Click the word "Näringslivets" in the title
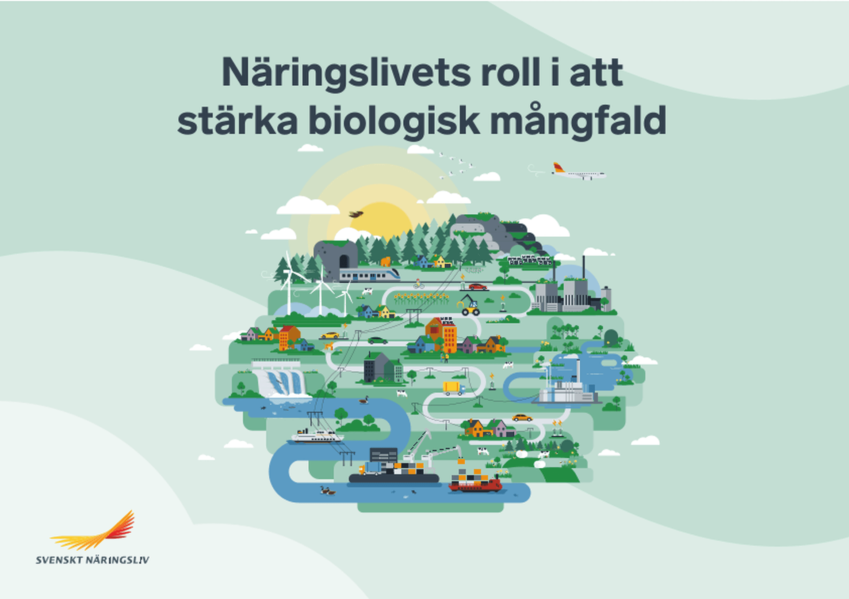tap(346, 73)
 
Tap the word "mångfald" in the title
tap(578, 120)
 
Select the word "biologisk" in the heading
tap(394, 120)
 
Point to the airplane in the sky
tap(579, 172)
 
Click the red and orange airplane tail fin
tap(558, 167)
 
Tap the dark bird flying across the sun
tap(356, 214)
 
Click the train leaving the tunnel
tap(370, 275)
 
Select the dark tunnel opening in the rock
tap(344, 261)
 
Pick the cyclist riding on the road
tap(418, 284)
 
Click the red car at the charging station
tap(478, 287)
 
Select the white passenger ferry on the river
tap(317, 436)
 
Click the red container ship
tap(475, 481)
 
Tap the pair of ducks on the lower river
tap(328, 490)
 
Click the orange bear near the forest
tap(386, 261)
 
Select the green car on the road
tap(378, 341)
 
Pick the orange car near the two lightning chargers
tap(522, 417)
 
